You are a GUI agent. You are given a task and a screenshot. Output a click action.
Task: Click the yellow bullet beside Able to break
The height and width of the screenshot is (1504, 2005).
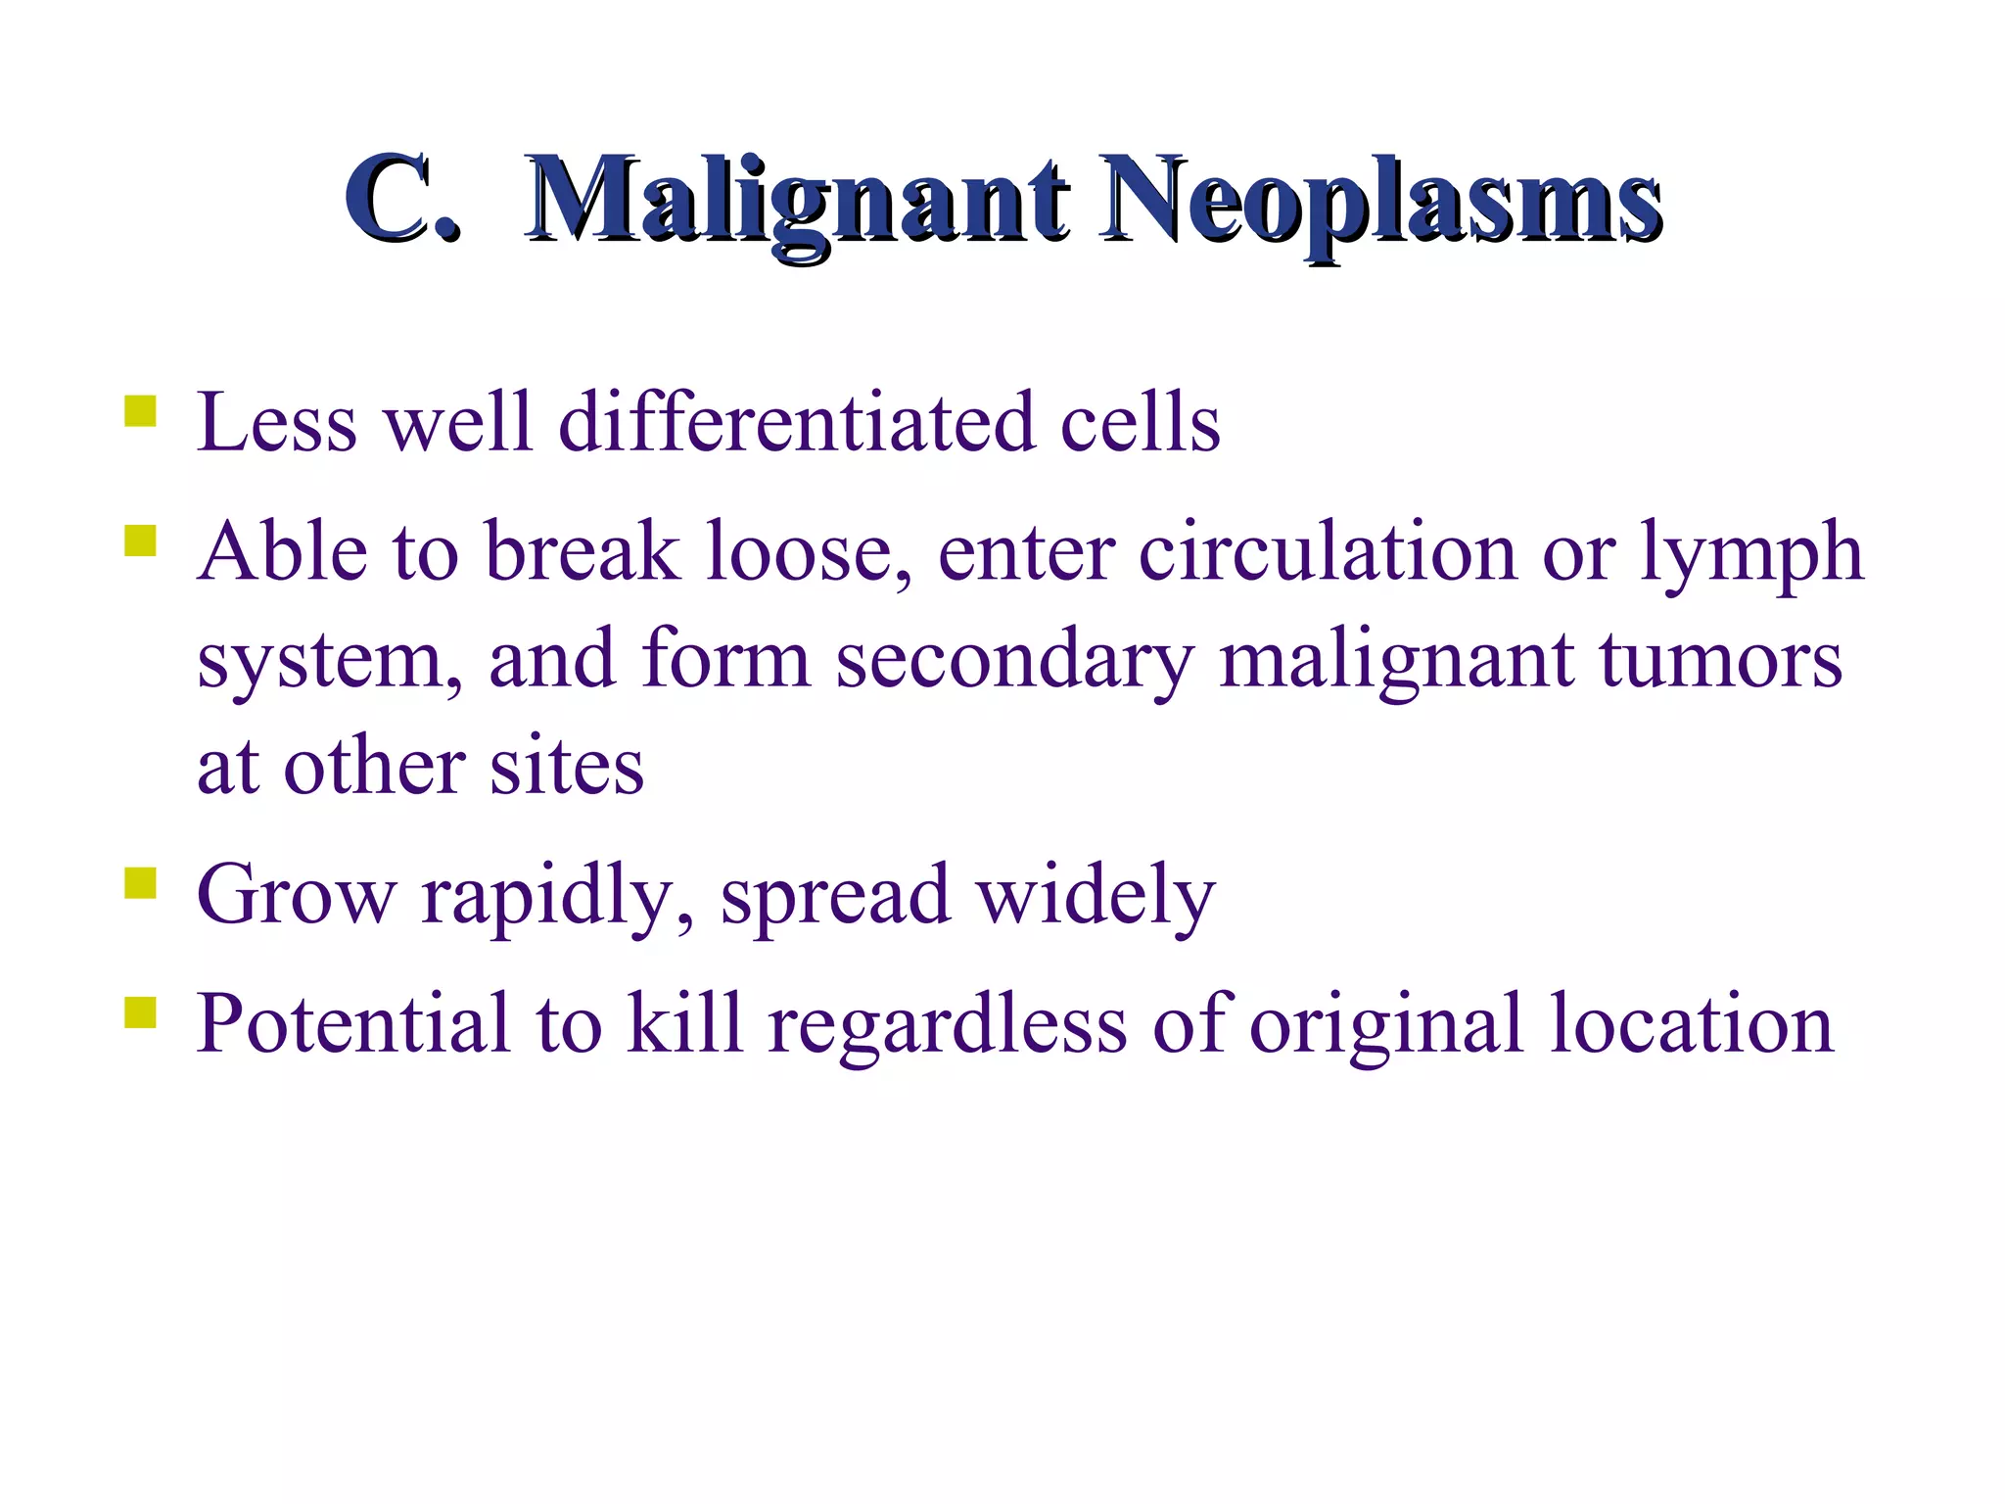click(x=141, y=540)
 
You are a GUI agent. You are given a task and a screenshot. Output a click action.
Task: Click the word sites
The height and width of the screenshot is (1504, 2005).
click(x=567, y=767)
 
